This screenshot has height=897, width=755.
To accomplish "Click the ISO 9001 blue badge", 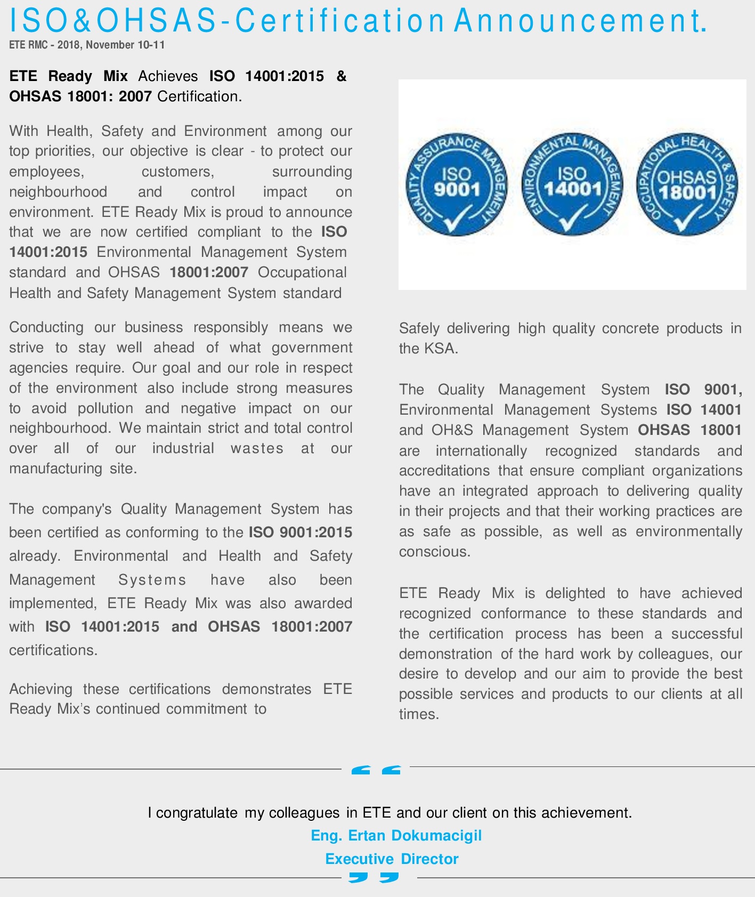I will click(x=457, y=184).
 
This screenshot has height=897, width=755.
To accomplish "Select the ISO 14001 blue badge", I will click(x=572, y=184).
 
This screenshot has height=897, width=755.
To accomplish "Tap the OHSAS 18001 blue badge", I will click(x=687, y=184).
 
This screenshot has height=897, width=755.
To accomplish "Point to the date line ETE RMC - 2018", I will click(x=87, y=45).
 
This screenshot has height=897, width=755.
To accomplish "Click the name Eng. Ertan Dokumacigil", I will click(x=396, y=835).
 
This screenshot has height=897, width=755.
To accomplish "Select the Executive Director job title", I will click(x=392, y=859).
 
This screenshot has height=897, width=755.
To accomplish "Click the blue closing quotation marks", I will click(x=374, y=877).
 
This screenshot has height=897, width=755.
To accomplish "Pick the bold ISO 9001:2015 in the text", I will click(x=301, y=532).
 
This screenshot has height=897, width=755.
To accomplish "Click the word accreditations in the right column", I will click(x=444, y=471).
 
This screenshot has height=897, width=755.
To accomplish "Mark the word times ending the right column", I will click(x=418, y=714).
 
